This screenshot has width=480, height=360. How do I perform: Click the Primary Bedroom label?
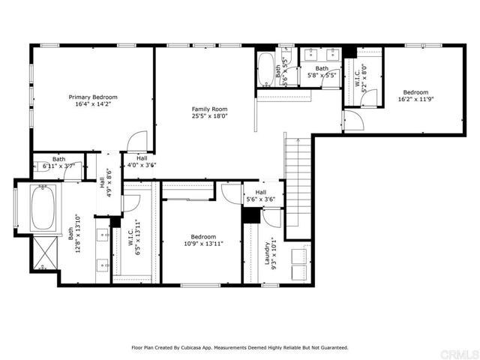click(x=92, y=97)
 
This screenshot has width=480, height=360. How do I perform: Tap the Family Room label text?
click(x=208, y=109)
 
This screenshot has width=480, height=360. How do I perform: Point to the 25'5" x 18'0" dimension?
click(x=208, y=117)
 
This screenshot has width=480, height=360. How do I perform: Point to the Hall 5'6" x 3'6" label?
click(x=260, y=196)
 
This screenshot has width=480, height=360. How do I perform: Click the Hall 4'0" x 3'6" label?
click(x=141, y=161)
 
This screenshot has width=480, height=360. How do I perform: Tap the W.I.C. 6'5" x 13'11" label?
click(x=135, y=236)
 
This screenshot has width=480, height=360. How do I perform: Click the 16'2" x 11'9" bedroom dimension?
click(x=414, y=98)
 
